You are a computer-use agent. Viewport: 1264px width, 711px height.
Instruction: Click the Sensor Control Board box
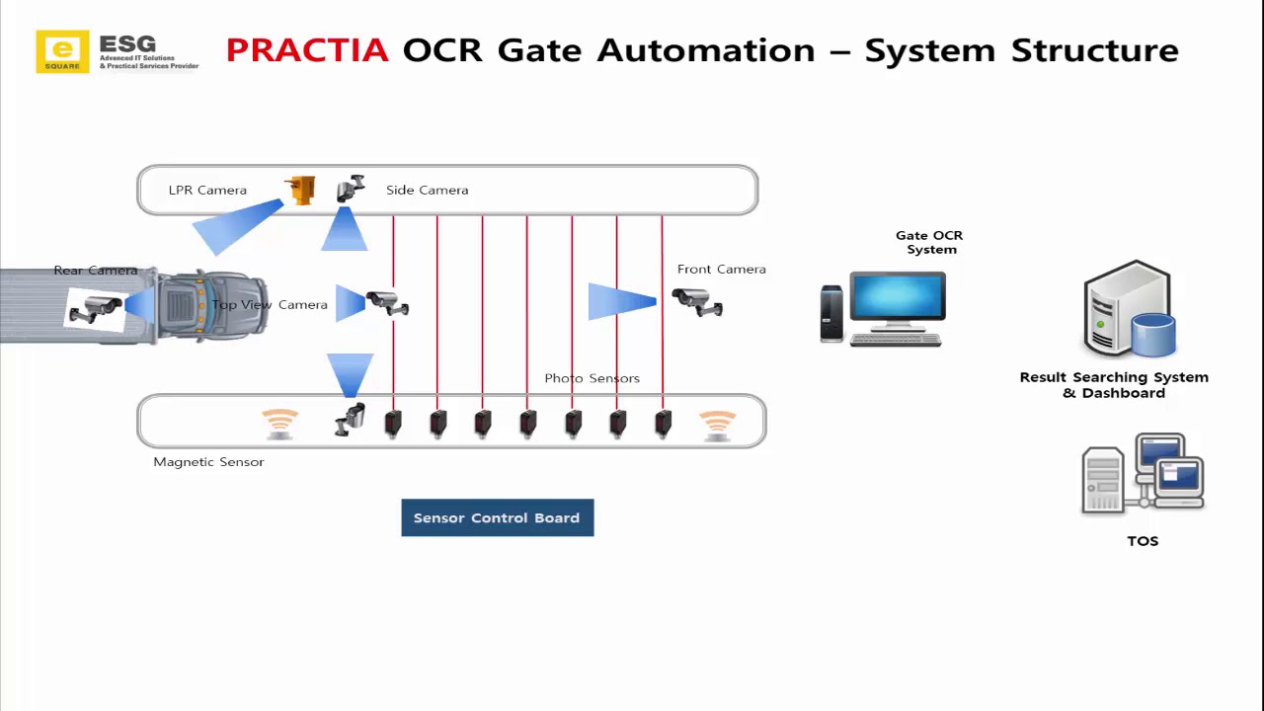tap(497, 517)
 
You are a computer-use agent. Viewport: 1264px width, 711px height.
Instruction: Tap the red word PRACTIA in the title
tap(307, 50)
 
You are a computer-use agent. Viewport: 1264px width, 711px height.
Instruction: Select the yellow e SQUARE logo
tap(62, 51)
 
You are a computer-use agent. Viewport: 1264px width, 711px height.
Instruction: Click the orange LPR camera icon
tap(300, 189)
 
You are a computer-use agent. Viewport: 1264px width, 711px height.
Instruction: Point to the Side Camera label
tap(427, 190)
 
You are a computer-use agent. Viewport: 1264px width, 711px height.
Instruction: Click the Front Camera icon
tap(697, 301)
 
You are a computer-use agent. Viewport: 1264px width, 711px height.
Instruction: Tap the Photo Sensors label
tap(592, 378)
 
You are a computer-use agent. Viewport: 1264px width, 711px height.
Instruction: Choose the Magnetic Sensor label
tap(208, 461)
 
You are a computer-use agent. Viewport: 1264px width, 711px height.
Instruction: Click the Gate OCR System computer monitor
tap(898, 301)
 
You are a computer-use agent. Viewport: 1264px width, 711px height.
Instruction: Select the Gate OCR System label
tap(929, 242)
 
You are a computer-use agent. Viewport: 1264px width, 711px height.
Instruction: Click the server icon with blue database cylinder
tap(1129, 309)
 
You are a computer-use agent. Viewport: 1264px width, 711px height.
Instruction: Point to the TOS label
tap(1143, 541)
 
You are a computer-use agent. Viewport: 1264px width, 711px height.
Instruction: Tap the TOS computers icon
tap(1143, 474)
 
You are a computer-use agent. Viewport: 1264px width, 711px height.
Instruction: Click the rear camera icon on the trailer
tap(96, 308)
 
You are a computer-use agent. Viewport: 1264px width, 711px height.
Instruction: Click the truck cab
tap(210, 305)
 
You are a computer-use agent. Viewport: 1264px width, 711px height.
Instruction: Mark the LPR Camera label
tap(207, 190)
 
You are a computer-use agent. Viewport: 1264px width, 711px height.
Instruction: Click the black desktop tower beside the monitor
tap(831, 314)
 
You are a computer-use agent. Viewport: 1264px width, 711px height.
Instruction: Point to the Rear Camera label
tap(96, 271)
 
